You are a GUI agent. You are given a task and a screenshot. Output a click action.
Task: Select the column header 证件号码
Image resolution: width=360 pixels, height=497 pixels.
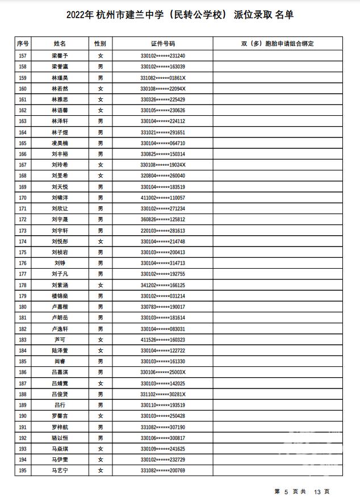(163, 43)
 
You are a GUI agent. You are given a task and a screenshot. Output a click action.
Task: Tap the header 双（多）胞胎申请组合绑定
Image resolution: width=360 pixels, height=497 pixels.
(277, 43)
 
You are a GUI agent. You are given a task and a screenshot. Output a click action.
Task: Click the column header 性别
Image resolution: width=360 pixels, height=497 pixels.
(100, 43)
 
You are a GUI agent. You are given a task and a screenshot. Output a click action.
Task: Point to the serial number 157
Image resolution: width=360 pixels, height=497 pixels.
(23, 56)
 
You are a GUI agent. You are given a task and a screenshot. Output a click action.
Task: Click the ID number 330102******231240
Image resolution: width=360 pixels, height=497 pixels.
(163, 56)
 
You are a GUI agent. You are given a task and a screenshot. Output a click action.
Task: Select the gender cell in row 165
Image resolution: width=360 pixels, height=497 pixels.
(100, 143)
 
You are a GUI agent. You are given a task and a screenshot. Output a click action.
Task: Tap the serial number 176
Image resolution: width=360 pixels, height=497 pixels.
(23, 263)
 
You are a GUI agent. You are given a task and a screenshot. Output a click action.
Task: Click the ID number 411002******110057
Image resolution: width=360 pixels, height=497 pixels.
(163, 198)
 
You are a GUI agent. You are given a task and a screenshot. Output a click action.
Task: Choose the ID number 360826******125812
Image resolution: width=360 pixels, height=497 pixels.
(163, 219)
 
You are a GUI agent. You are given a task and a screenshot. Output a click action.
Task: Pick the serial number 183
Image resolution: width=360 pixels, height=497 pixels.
(23, 340)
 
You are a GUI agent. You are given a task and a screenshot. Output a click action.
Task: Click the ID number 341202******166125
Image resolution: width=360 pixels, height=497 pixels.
(163, 285)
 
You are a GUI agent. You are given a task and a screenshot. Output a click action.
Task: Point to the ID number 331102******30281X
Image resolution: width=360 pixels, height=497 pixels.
(163, 394)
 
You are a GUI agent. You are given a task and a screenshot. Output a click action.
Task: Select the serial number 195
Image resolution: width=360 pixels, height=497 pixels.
(23, 470)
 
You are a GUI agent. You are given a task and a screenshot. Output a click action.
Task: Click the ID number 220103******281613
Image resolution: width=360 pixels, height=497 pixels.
(163, 231)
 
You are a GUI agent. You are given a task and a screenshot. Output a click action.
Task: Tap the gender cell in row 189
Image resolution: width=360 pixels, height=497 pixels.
(100, 405)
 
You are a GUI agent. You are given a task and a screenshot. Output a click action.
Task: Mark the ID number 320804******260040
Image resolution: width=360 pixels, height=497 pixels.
(163, 176)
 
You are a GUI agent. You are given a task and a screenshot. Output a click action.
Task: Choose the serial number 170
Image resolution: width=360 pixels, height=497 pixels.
(23, 198)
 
